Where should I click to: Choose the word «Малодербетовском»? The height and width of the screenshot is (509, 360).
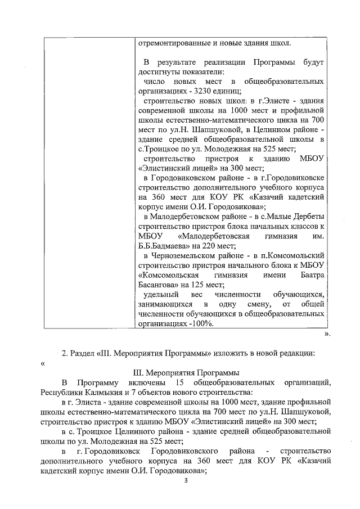182,215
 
